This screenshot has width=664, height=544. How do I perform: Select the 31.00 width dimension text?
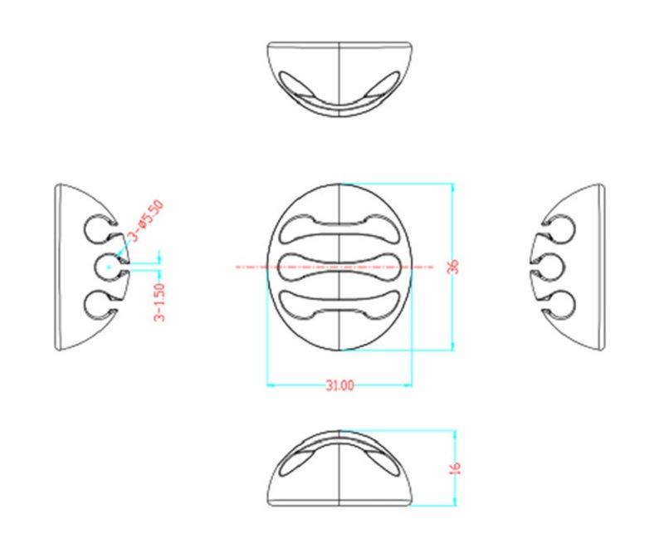pos(340,385)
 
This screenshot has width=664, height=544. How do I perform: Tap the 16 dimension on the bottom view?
pos(455,467)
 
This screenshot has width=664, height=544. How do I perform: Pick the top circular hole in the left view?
pos(99,229)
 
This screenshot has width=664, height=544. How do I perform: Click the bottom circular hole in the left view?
pos(99,305)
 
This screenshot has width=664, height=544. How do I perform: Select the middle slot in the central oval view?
pos(340,267)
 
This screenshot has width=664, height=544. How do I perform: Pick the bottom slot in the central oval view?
pos(340,305)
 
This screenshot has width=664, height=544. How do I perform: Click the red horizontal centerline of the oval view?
pos(249,267)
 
